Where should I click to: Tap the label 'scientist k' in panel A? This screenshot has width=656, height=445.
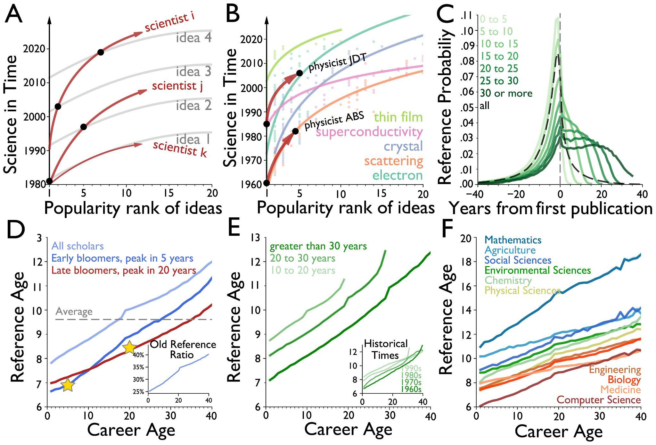[x=180, y=149]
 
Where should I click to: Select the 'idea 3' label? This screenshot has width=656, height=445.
[x=194, y=71]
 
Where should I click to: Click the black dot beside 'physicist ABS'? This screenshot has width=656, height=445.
[x=295, y=131]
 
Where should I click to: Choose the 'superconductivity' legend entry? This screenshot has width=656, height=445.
[x=369, y=132]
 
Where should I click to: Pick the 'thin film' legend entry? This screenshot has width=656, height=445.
[x=398, y=117]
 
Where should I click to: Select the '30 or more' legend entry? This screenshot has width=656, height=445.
[x=506, y=93]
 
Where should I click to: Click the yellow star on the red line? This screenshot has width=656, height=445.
[x=129, y=347]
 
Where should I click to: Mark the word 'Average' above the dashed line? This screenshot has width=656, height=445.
[x=74, y=312]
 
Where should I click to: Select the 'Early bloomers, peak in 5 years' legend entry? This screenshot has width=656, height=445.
[x=122, y=258]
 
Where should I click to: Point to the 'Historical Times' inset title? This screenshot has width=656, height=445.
[x=386, y=349]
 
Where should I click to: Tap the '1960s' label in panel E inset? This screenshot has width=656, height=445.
[x=411, y=389]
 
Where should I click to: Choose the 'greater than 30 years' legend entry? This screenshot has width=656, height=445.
[x=318, y=246]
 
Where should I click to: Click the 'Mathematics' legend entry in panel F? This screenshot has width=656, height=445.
[x=513, y=240]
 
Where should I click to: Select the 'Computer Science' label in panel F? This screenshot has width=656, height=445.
[x=599, y=400]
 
